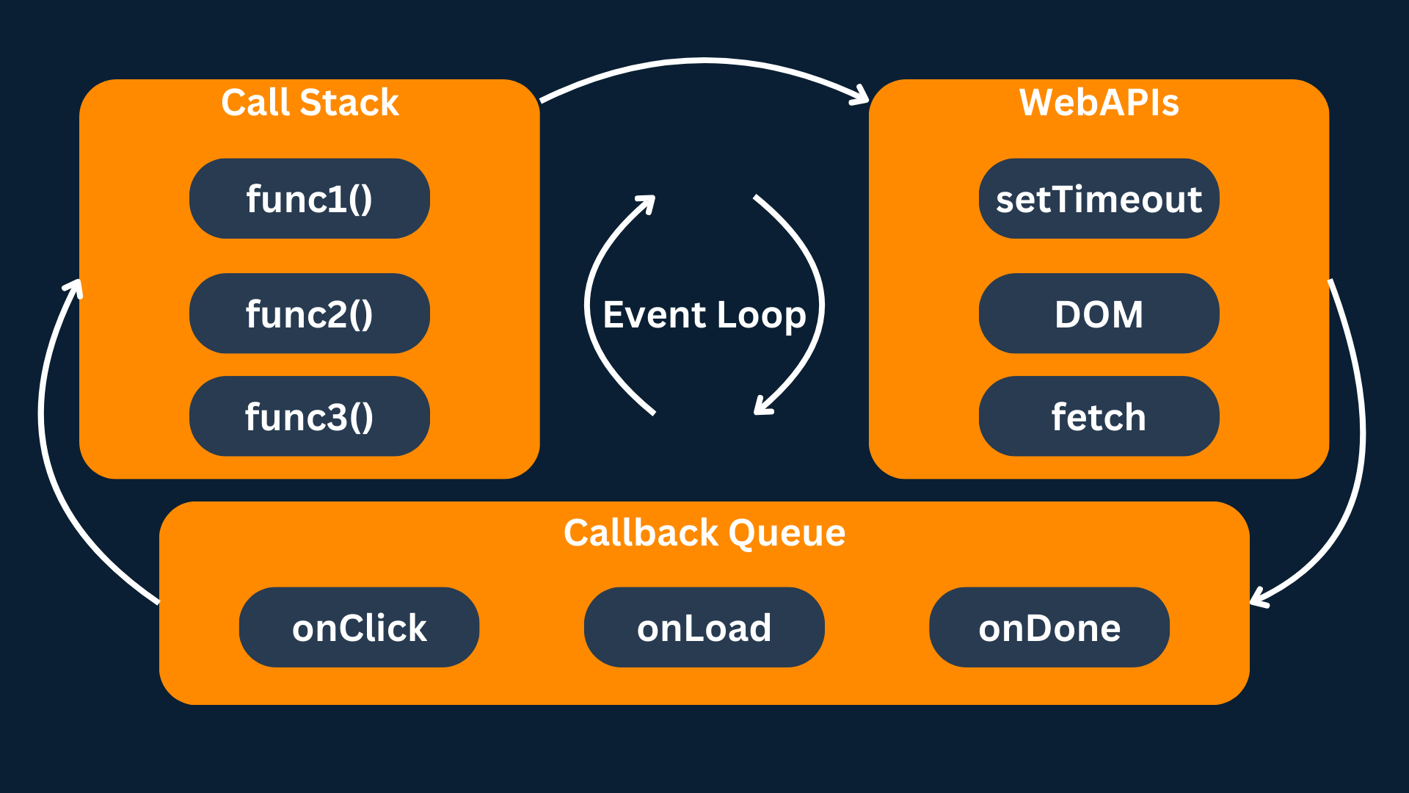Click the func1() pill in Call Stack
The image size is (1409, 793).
(x=309, y=198)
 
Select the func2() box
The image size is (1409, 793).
(x=309, y=314)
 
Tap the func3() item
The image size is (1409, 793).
(x=309, y=416)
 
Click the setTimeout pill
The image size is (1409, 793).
(x=1099, y=198)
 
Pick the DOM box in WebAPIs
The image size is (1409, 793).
(x=1099, y=314)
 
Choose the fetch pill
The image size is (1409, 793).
(x=1099, y=416)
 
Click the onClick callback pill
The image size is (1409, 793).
(x=359, y=627)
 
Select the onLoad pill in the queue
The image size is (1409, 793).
(x=704, y=627)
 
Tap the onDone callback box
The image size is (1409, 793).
(x=1049, y=627)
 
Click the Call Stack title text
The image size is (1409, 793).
(x=310, y=102)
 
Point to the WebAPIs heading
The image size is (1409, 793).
(x=1099, y=102)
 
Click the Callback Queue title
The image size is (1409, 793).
(x=704, y=532)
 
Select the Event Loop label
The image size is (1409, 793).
(x=704, y=314)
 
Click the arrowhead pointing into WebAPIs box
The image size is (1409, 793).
(x=862, y=96)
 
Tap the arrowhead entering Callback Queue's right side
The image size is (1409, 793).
(x=1258, y=599)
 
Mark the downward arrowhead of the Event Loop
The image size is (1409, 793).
(x=762, y=408)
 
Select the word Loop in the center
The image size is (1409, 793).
(x=761, y=315)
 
